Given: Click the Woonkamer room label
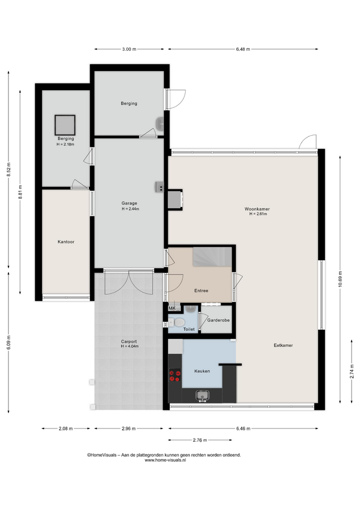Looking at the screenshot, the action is tap(257, 209).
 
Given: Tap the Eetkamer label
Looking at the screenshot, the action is tap(283, 345).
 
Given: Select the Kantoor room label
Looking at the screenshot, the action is tap(66, 242).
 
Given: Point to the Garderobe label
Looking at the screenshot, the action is tap(218, 320).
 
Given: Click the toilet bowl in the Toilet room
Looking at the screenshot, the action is tap(178, 323).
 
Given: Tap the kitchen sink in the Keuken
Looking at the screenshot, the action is tap(202, 396).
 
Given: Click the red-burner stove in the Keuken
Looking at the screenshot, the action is tap(174, 376).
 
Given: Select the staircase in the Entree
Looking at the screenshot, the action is tap(212, 257).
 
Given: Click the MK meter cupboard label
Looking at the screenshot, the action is tap(172, 309).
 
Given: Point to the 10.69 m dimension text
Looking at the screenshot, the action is tap(340, 279).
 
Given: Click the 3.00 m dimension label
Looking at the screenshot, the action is tap(129, 49).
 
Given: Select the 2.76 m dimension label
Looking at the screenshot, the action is tap(200, 440).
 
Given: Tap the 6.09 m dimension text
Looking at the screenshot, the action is tap(8, 343).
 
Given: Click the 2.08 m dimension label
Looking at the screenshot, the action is tap(66, 428).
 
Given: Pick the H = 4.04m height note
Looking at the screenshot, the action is tap(130, 346).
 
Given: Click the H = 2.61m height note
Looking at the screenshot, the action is tap(258, 214).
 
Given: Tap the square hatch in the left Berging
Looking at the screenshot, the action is tap(65, 125).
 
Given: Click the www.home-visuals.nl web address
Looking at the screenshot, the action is tap(165, 460).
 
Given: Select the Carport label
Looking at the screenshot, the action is tap(129, 341).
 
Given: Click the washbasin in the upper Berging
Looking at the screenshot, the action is tap(160, 124).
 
